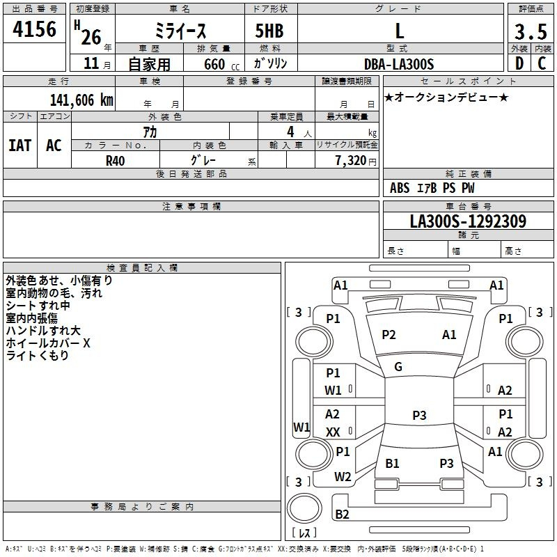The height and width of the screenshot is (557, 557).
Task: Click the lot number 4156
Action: (x=34, y=29)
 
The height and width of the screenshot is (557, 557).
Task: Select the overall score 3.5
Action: (x=531, y=31)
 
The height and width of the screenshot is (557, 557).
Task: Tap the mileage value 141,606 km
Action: (x=81, y=100)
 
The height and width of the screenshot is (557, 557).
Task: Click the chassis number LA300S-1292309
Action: (x=468, y=221)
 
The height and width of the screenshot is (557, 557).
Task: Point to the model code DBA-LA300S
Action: (x=399, y=64)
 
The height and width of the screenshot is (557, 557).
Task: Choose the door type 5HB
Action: (x=269, y=31)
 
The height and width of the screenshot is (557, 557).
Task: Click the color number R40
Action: (x=115, y=161)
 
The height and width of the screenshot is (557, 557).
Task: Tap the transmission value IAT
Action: (x=20, y=146)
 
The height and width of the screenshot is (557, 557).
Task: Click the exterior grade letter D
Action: (x=519, y=63)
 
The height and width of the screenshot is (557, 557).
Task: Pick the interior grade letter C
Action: (x=542, y=63)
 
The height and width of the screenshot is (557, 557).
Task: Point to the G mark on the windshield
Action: (x=398, y=367)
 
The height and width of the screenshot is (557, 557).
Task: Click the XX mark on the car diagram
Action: (x=333, y=432)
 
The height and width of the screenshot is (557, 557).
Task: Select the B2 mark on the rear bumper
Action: (x=342, y=514)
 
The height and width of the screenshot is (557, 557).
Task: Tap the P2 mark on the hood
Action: (x=389, y=335)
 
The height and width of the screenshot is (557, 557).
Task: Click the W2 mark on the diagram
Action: (x=343, y=477)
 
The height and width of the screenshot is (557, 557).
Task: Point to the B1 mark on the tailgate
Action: (x=392, y=463)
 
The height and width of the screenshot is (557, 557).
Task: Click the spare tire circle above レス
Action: (x=304, y=508)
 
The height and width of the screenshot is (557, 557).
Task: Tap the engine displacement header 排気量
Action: (x=214, y=49)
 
